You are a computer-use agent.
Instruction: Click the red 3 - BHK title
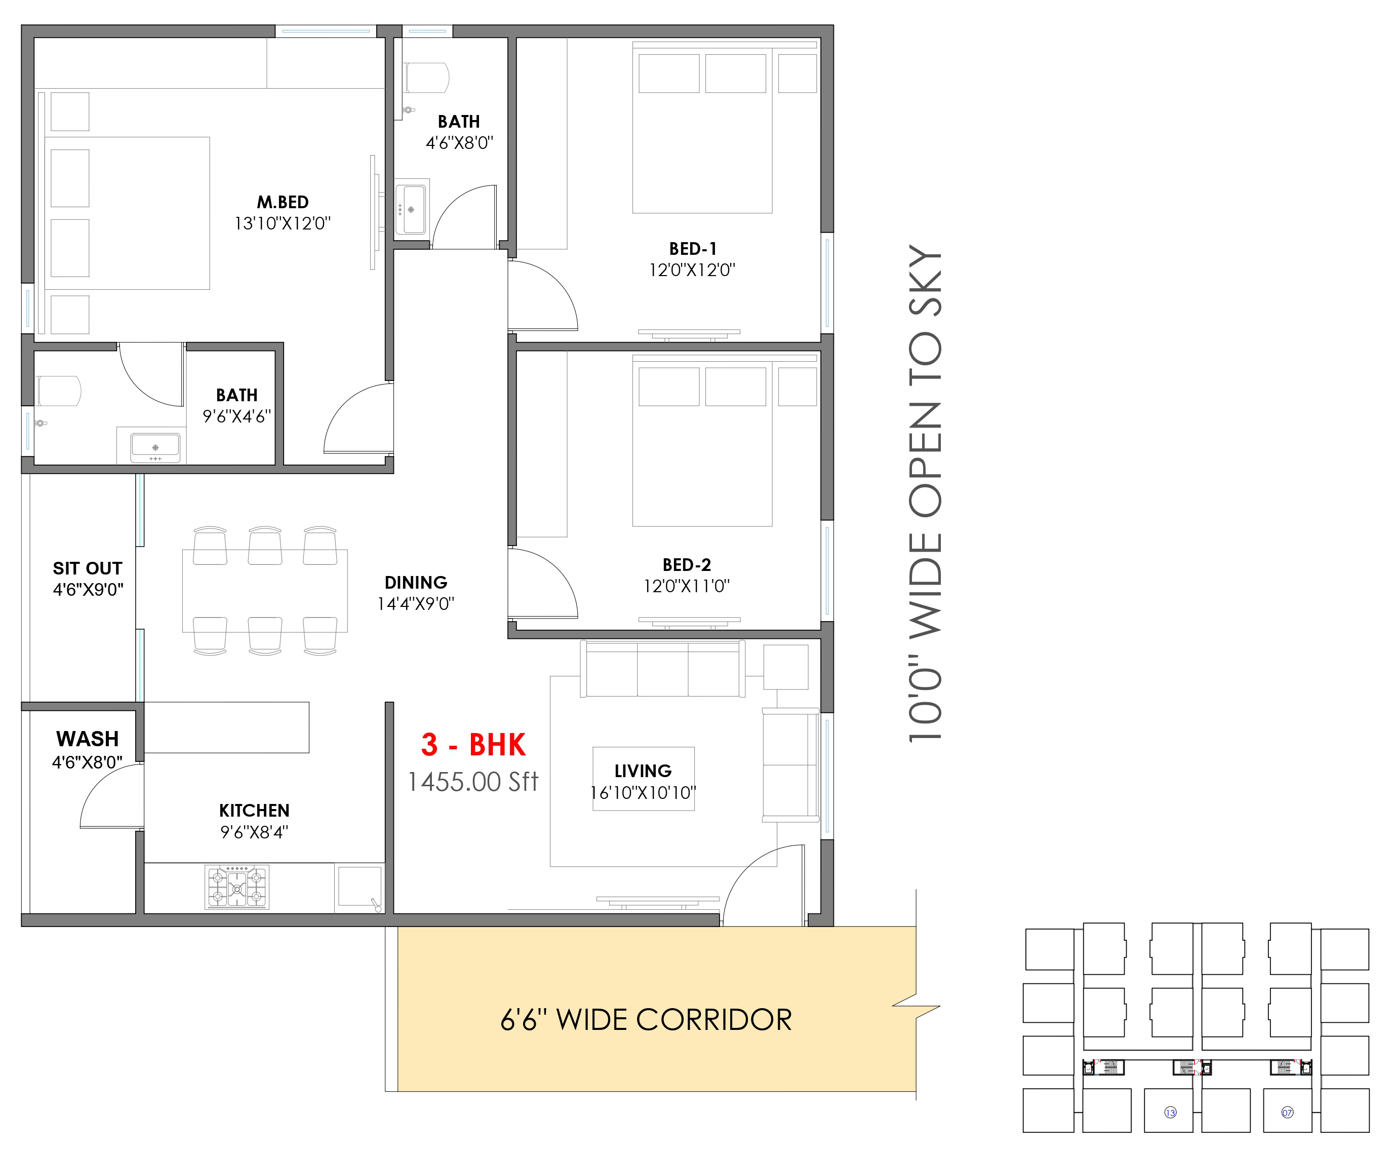(473, 745)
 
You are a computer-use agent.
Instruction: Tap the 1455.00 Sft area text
(473, 782)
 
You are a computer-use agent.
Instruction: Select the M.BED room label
(283, 202)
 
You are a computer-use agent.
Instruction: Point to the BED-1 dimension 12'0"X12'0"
(692, 271)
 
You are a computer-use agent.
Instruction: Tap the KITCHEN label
(254, 811)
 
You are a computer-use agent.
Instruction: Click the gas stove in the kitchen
(237, 887)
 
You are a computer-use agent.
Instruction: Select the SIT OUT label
(88, 568)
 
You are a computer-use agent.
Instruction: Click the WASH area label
(88, 739)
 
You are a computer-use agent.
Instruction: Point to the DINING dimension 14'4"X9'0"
(416, 604)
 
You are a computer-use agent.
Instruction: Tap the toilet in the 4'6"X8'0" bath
(426, 78)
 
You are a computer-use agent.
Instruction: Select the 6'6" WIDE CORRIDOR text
(646, 1020)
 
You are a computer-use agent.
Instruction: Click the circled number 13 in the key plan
(1170, 1112)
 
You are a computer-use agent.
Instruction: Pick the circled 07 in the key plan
(1287, 1112)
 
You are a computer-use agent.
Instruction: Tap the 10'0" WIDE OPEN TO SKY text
(925, 493)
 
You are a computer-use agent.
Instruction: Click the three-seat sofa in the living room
(662, 669)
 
